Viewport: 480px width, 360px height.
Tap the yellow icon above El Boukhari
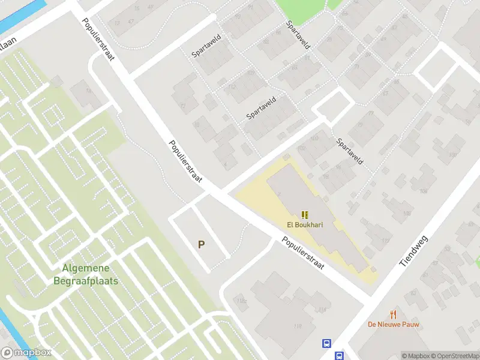point(305,215)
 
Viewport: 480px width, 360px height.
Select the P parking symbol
point(202,245)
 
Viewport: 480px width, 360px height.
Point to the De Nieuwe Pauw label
point(394,325)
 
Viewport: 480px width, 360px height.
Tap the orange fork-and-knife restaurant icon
point(394,314)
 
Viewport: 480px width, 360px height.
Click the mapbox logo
point(26,353)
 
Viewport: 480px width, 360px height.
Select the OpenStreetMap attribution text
point(454,356)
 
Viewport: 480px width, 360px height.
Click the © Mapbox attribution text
point(416,356)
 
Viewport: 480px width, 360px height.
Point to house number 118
point(298,326)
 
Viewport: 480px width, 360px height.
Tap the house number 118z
point(242,301)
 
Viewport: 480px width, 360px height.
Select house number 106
point(424,191)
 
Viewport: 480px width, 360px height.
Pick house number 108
point(407,213)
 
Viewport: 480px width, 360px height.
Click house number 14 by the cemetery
point(89,91)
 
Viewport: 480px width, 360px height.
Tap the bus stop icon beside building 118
point(326,344)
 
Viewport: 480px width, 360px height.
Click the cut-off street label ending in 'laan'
point(7,43)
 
